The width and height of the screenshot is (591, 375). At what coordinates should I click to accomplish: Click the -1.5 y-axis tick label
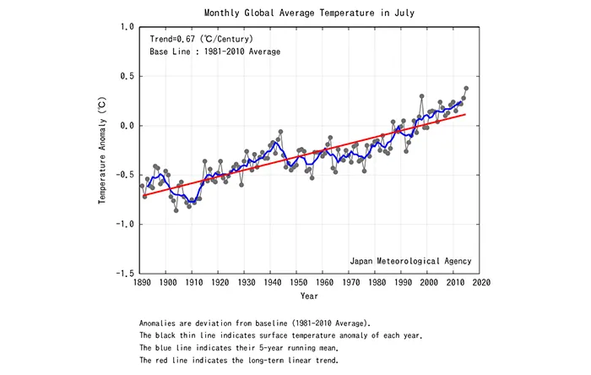124,274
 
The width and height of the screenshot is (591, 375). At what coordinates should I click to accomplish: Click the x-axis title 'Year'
310,296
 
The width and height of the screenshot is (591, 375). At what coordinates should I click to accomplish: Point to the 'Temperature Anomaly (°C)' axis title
102,150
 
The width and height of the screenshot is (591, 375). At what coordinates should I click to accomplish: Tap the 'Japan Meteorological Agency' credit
409,260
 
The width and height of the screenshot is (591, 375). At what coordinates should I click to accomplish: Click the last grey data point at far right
466,88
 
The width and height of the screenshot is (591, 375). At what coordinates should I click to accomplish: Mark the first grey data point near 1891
143,186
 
